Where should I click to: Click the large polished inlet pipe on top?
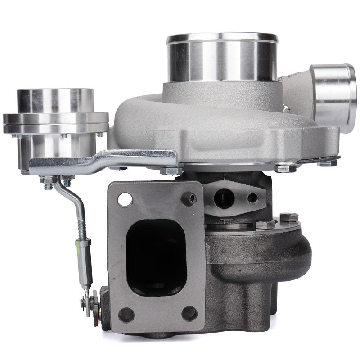click(222, 58)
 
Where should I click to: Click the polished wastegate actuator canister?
click(55, 101)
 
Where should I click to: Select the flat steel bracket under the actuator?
click(103, 160)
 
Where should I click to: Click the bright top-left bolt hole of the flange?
click(126, 199)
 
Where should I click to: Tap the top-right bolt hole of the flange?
click(189, 198)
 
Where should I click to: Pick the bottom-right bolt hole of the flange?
click(189, 313)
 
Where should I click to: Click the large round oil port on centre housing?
click(224, 198)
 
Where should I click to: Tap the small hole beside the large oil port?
click(252, 198)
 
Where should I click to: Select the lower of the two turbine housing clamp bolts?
click(265, 225)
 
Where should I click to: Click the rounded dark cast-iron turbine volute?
click(270, 261)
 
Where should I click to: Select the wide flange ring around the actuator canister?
click(55, 122)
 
